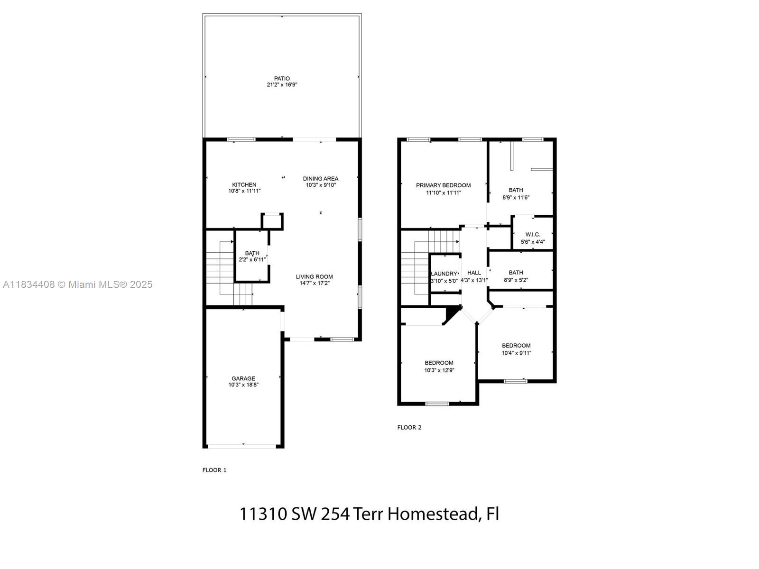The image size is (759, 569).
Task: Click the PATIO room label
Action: pos(282,79)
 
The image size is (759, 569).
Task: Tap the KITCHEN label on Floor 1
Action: pos(244,185)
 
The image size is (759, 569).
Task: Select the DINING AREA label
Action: pos(321,179)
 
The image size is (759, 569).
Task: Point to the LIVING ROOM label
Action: pos(314,277)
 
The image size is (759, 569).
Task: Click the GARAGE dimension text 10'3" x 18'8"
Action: pos(243,385)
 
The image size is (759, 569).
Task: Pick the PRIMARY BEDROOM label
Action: pos(443,185)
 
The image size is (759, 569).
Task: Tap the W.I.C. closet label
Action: pos(533,235)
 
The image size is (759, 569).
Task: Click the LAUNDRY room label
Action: pos(444,274)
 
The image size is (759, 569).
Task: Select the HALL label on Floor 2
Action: pos(474,273)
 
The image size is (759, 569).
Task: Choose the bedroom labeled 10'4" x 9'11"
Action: pos(516,349)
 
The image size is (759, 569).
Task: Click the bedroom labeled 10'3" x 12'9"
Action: pos(439,367)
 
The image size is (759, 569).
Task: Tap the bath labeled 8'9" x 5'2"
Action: pos(516,276)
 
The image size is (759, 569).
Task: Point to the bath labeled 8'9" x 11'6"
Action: pos(516,193)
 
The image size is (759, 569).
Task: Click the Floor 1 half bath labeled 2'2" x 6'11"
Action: pos(252,256)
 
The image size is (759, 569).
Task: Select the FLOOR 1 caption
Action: pos(214,470)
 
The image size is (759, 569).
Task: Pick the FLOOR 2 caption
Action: pos(409,427)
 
